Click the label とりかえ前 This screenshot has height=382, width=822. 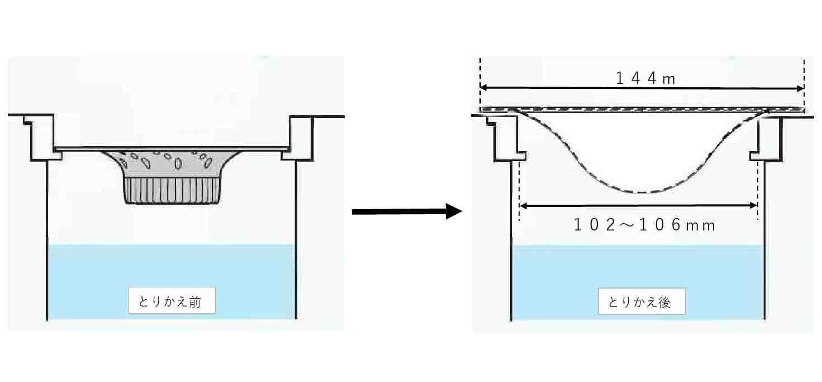coord(172,303)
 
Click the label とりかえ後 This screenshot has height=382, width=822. coord(642,303)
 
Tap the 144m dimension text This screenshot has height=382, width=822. coord(645,79)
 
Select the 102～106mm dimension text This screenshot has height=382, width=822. coord(645,225)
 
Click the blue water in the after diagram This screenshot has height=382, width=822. coord(637,268)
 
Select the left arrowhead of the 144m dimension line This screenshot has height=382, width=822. coord(484,88)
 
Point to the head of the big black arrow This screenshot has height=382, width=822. coord(454,211)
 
